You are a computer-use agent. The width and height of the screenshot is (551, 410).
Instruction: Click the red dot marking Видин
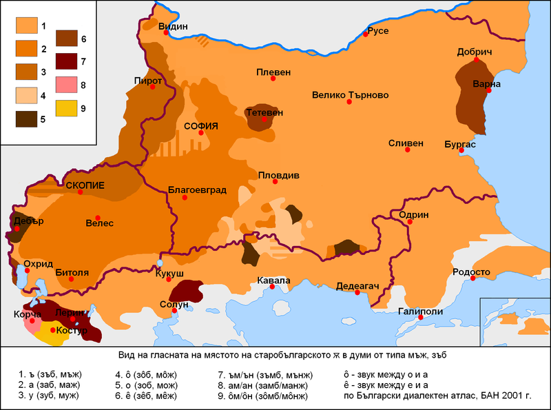[162, 37]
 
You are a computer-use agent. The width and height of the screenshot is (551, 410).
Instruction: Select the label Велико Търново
[351, 95]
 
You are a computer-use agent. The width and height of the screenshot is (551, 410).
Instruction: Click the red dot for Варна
[488, 90]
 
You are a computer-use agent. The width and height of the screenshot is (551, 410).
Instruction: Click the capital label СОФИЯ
[200, 126]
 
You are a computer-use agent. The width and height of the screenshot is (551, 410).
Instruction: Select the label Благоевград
[197, 189]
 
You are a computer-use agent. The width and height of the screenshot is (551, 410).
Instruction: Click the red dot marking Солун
[174, 311]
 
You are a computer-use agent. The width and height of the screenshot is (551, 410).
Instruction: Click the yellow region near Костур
[48, 336]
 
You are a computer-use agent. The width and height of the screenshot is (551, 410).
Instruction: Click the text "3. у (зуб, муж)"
[49, 396]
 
